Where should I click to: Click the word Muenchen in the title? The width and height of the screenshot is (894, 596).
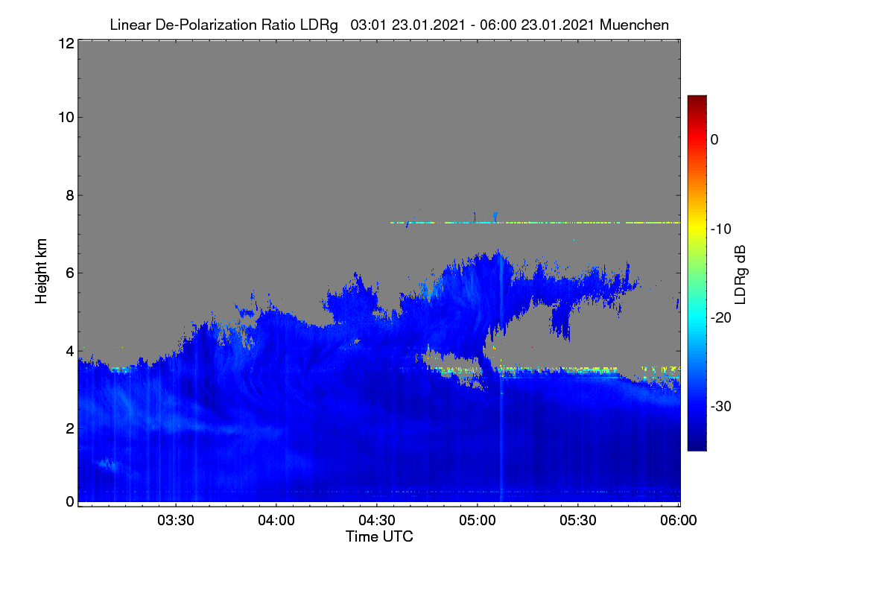coord(634,25)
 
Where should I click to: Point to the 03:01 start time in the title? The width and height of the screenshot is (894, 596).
coord(368,25)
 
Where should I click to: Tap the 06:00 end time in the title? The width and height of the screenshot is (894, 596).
coord(498,25)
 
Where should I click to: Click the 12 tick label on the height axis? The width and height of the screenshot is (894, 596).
coord(66,43)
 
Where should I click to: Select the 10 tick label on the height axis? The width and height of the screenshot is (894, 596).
coord(66,118)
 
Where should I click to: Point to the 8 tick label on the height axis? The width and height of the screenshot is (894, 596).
coord(70,195)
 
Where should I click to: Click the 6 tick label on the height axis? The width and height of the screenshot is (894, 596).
coord(70,273)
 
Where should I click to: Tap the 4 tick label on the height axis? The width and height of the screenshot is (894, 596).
coord(70,352)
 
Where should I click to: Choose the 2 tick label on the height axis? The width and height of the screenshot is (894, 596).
coord(70,428)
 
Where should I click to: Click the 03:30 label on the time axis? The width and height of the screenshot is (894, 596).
coord(176,520)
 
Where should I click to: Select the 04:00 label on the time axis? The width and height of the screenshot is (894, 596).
coord(276,520)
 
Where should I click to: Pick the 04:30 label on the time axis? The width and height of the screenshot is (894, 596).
coord(377,520)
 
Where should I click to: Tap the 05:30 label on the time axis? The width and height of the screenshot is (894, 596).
coord(578,520)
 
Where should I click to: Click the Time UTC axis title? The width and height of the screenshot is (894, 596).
coord(379,536)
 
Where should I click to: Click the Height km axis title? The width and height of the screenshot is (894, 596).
coord(41,271)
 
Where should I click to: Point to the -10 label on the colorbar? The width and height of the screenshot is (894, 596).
coord(721,229)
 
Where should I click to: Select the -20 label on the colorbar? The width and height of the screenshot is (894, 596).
coord(721,318)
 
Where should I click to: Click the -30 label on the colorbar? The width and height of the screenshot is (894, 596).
coord(721,406)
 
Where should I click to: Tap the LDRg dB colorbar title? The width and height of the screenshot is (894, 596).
coord(741,275)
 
